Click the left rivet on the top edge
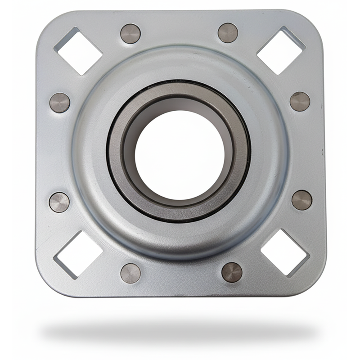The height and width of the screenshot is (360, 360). (x=130, y=34)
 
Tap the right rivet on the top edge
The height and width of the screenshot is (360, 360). (x=228, y=33)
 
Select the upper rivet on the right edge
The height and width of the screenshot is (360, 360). (x=300, y=101)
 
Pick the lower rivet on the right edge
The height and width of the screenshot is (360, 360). (x=301, y=200)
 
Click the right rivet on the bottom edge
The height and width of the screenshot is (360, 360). (x=232, y=272)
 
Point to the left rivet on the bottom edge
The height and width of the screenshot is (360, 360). (x=130, y=273)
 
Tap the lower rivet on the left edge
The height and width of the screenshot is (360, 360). (x=59, y=202)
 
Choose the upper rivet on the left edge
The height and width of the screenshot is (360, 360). (x=60, y=103)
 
